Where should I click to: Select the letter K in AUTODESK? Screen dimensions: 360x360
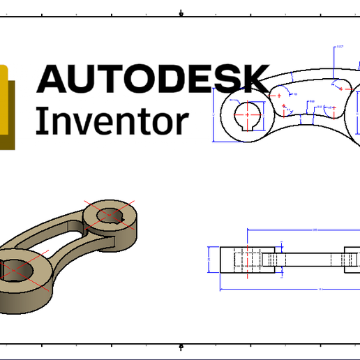255,78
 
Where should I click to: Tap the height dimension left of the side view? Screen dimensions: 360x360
210,259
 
